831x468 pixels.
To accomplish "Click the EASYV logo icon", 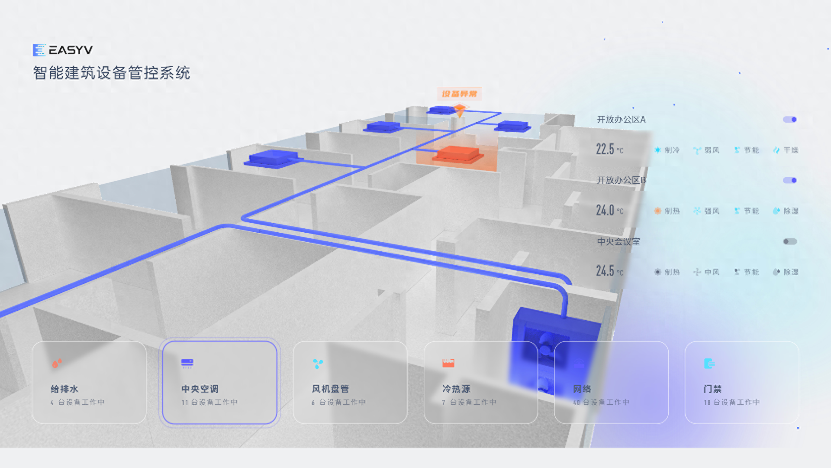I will point(39,50).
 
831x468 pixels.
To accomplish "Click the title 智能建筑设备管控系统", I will point(112,73).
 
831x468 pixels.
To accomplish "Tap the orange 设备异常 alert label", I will point(459,94).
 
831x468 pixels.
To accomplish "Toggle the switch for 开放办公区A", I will point(789,120).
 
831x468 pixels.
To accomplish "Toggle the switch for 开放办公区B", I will point(789,180).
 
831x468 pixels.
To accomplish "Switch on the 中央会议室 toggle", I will point(789,241).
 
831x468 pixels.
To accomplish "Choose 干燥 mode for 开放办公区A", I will point(786,150).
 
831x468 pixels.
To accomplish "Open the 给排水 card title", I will point(64,389).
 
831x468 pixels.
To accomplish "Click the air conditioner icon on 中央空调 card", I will point(187,363).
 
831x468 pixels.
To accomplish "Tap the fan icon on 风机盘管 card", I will point(318,364).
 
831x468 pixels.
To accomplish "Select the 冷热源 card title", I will point(456,389).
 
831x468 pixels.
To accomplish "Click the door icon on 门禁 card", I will point(709,364).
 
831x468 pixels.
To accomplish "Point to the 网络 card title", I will point(582,389).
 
